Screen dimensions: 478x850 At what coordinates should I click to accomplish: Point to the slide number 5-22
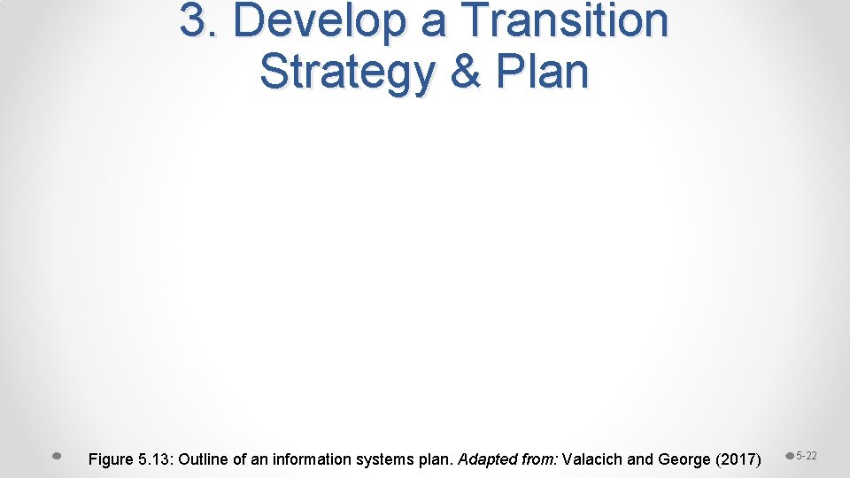pyautogui.click(x=807, y=456)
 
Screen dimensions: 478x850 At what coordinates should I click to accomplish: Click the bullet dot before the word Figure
pyautogui.click(x=57, y=457)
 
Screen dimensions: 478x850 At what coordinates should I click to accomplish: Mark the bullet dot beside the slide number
pyautogui.click(x=790, y=457)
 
